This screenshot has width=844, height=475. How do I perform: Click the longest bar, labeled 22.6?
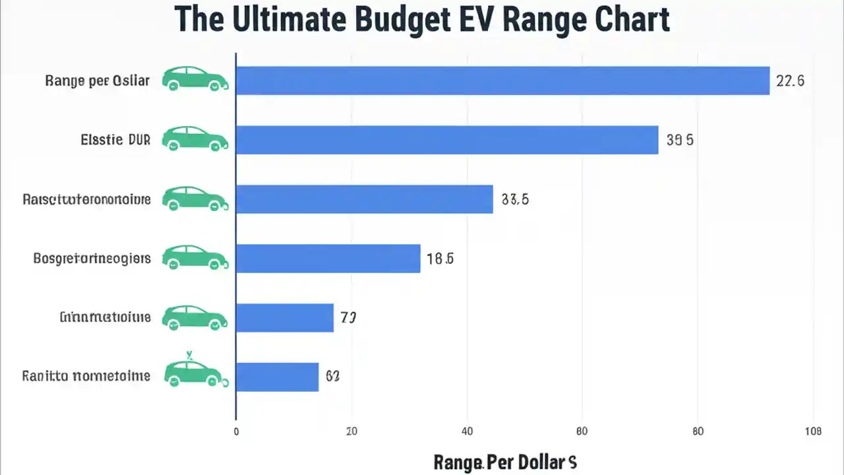tap(502, 80)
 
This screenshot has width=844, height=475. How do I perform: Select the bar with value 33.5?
tap(364, 199)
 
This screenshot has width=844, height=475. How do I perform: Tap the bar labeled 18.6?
tap(328, 259)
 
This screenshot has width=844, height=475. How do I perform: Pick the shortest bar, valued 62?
tap(277, 377)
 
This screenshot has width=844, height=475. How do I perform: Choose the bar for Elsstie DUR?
tap(447, 140)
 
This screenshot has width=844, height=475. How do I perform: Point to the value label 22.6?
tap(790, 81)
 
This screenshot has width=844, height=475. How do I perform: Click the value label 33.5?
tap(515, 199)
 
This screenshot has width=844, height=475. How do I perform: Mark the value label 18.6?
tap(440, 259)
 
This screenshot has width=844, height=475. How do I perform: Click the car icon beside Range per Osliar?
tap(195, 79)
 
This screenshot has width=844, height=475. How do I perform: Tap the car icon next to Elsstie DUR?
tap(195, 138)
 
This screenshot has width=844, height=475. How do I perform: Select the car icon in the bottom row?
tap(195, 373)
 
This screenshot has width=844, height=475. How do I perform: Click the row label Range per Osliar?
tap(97, 81)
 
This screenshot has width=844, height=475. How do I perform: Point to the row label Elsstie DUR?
tap(115, 140)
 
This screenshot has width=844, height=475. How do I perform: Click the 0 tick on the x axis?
tap(236, 431)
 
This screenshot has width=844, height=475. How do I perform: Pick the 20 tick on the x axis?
tap(351, 431)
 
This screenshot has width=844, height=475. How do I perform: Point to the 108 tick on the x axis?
tap(813, 431)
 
